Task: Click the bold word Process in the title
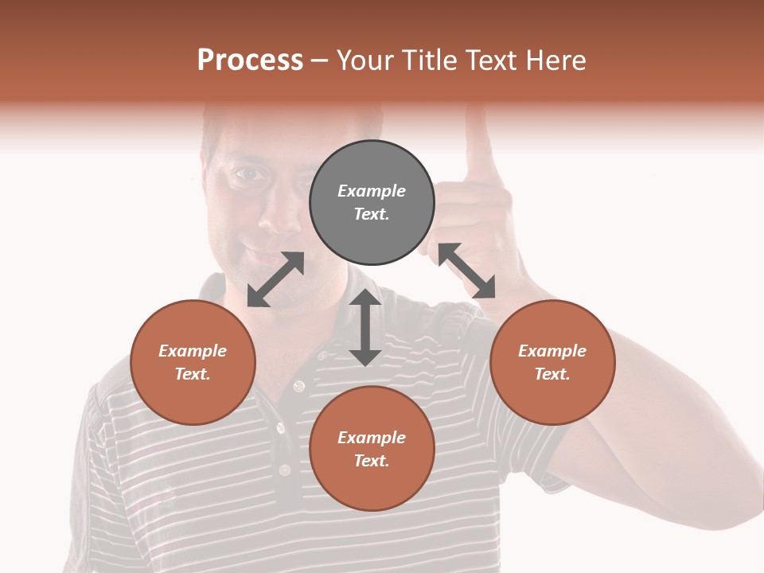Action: tap(250, 60)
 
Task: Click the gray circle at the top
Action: tap(372, 202)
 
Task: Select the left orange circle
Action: tap(193, 362)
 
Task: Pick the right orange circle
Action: tap(552, 362)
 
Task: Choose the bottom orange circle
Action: tap(372, 448)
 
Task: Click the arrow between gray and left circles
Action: tap(275, 279)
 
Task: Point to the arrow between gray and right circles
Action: tap(466, 271)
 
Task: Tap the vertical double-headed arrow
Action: tap(365, 327)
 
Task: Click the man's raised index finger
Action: tap(478, 143)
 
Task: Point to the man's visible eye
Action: tap(249, 174)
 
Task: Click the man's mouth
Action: tap(260, 257)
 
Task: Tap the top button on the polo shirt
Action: tap(299, 386)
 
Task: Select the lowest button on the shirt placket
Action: tap(284, 470)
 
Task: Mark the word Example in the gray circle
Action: tap(372, 191)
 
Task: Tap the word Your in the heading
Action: tap(366, 60)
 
